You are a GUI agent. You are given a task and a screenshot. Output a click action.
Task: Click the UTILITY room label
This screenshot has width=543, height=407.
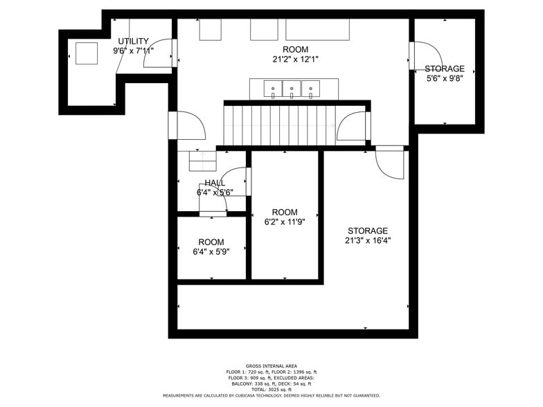coord(133,41)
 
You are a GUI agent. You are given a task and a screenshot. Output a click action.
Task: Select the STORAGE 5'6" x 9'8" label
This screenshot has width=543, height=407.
coord(444,73)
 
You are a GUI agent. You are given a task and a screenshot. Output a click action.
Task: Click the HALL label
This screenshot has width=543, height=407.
coord(215,182)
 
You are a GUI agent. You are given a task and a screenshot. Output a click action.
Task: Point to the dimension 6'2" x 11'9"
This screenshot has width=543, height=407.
coord(284,222)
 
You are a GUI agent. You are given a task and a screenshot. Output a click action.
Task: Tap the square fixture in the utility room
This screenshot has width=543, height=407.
coord(87,53)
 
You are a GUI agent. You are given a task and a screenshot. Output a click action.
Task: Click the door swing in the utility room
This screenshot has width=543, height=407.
coord(157,55)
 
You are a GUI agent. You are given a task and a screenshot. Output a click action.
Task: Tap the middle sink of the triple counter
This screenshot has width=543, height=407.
coord(292,88)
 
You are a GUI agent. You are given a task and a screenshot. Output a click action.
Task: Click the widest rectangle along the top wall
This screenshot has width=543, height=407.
coord(317,30)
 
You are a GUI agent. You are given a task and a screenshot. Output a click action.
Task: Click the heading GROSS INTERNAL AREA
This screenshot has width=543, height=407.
coord(271,365)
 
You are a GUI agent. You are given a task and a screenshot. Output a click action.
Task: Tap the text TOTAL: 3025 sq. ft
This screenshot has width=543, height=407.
coord(271,390)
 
